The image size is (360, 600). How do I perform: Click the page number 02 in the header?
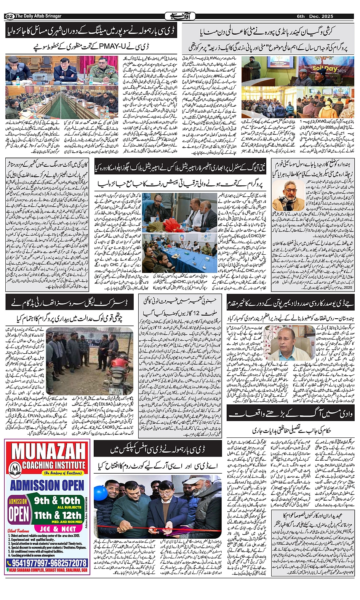10,16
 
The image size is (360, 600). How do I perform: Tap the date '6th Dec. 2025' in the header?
315,16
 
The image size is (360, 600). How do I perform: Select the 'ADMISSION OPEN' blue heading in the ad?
47,485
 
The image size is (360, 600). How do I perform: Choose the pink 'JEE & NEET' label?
58,529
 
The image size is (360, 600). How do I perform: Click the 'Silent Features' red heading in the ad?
18,531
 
